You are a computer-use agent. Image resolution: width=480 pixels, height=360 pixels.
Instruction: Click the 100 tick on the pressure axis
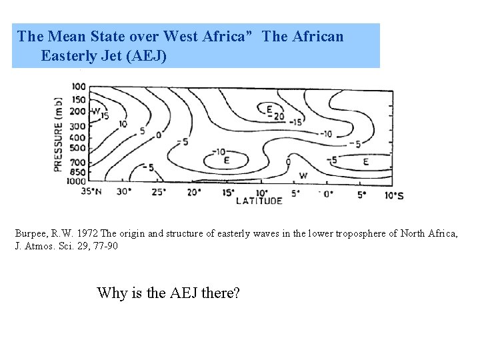[78, 87]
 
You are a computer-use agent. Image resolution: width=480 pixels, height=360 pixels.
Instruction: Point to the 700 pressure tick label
[78, 162]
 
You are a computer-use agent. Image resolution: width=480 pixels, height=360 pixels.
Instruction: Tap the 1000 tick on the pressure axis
[77, 180]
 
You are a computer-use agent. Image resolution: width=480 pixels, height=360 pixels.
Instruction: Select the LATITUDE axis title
[259, 200]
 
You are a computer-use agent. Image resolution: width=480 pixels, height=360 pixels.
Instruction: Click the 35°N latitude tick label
[91, 191]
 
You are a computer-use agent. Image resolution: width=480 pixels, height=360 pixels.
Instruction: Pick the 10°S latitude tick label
[394, 195]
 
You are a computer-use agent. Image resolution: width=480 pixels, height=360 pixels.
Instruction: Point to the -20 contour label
[275, 116]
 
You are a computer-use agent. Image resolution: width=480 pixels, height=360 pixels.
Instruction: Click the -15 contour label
[296, 121]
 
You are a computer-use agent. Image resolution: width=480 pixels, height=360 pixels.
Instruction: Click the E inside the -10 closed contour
[227, 161]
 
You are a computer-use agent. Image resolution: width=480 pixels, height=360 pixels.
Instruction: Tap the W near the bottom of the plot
[303, 175]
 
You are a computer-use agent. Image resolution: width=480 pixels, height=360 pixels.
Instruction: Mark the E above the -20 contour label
[269, 109]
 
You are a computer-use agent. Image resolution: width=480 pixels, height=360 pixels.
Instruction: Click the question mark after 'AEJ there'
[236, 292]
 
